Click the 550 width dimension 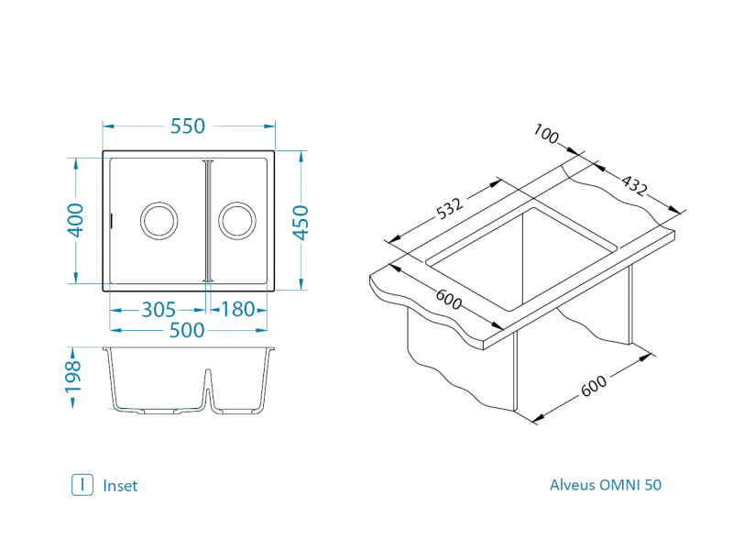pyautogui.click(x=188, y=126)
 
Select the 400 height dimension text pyautogui.click(x=76, y=220)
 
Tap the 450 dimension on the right pyautogui.click(x=301, y=221)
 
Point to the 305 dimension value pyautogui.click(x=159, y=310)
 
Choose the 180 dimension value pyautogui.click(x=238, y=310)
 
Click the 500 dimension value pyautogui.click(x=187, y=331)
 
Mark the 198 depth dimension pyautogui.click(x=74, y=378)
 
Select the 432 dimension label pyautogui.click(x=634, y=186)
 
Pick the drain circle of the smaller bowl pyautogui.click(x=236, y=220)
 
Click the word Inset pyautogui.click(x=120, y=486)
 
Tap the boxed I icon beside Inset pyautogui.click(x=82, y=485)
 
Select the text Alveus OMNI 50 pyautogui.click(x=605, y=485)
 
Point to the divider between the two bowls pyautogui.click(x=208, y=220)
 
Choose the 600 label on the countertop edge pyautogui.click(x=449, y=299)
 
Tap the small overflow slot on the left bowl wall pyautogui.click(x=112, y=220)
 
